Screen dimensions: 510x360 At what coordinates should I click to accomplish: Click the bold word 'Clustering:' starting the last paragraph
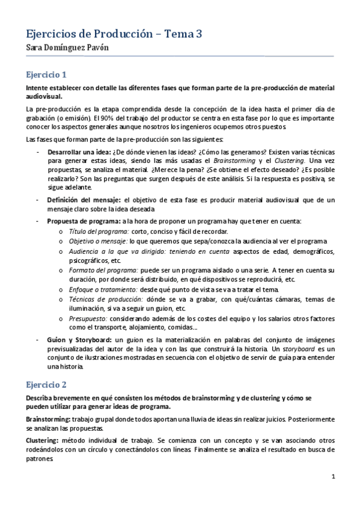tap(41, 441)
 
